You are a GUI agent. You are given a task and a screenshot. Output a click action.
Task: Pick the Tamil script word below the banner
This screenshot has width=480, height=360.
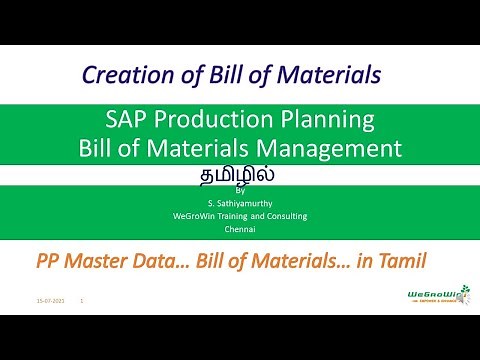tap(239, 172)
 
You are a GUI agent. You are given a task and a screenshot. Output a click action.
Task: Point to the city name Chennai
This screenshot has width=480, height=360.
tap(239, 228)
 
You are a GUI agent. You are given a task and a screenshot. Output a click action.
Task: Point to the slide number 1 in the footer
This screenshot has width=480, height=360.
tap(80, 299)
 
